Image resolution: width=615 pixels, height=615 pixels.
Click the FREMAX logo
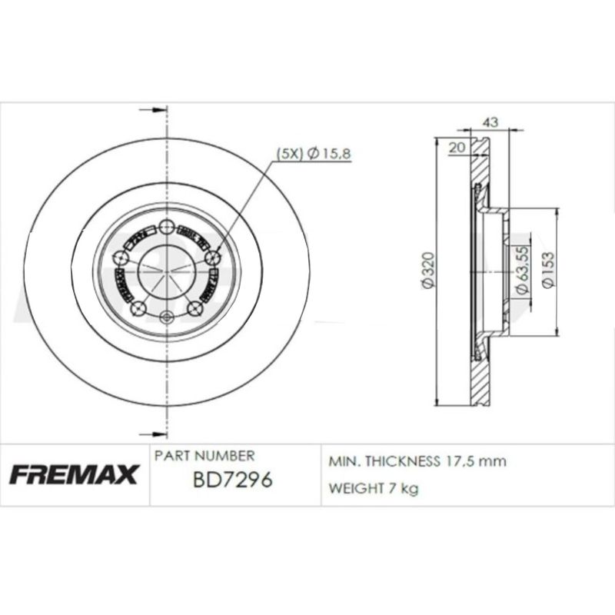pos(74,474)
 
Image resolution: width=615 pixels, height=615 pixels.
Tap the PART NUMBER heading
pos(204,456)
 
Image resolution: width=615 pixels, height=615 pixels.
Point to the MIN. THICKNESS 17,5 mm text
pos(417,461)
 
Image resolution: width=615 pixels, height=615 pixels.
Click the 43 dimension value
pos(490,121)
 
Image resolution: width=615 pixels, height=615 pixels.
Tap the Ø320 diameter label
pos(428,271)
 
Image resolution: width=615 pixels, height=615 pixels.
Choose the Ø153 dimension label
pos(547,271)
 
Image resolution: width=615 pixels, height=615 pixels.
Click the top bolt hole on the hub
pos(167,226)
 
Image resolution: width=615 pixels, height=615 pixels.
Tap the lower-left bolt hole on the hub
pos(138,309)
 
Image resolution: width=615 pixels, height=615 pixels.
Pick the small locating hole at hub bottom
pos(167,316)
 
